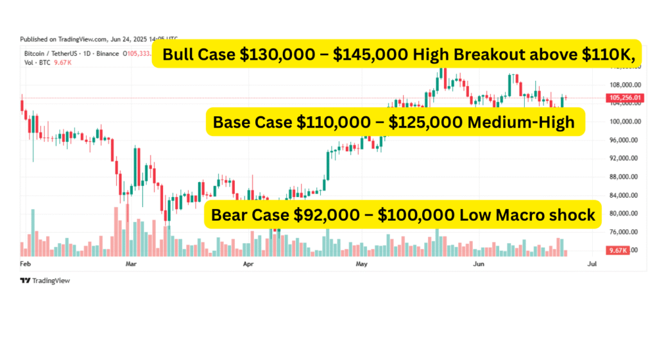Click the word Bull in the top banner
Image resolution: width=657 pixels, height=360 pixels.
tap(179, 55)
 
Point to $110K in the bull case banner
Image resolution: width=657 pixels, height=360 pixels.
tap(610, 55)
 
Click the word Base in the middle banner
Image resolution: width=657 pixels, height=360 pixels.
tap(232, 122)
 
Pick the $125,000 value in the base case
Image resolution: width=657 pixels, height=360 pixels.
tap(431, 122)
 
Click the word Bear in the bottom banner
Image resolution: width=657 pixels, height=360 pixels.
tap(231, 215)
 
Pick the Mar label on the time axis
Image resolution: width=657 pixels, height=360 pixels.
tap(132, 264)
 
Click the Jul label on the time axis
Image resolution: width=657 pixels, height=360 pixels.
tap(592, 264)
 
